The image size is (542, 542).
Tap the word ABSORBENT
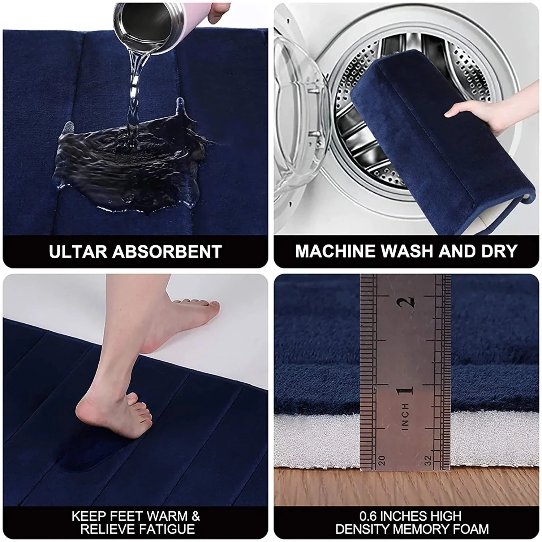[x=167, y=252]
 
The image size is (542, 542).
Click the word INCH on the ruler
[x=405, y=416]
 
